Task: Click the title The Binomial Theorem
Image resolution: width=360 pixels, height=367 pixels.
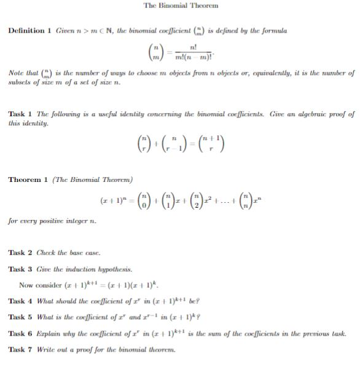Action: point(180,6)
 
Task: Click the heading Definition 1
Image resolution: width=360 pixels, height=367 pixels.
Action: point(28,31)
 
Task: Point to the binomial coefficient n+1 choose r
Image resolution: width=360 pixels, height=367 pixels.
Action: point(211,145)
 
